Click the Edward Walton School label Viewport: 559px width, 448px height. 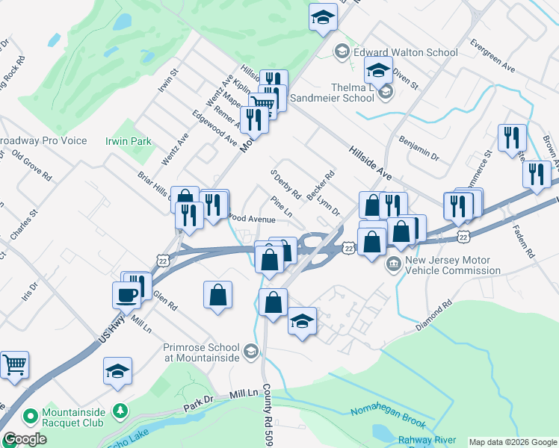pyautogui.click(x=405, y=52)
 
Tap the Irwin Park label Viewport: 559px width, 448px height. pyautogui.click(x=128, y=141)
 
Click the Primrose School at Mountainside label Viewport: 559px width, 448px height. pyautogui.click(x=202, y=352)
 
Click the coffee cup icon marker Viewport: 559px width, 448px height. pyautogui.click(x=126, y=293)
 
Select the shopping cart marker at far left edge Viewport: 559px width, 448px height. pyautogui.click(x=14, y=366)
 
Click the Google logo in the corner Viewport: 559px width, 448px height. pyautogui.click(x=25, y=439)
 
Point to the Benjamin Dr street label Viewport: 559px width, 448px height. pyautogui.click(x=419, y=148)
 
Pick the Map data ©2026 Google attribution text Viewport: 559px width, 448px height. pyautogui.click(x=513, y=442)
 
